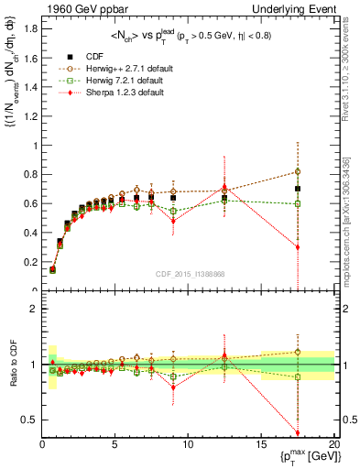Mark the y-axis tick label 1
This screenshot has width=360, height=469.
34,145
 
